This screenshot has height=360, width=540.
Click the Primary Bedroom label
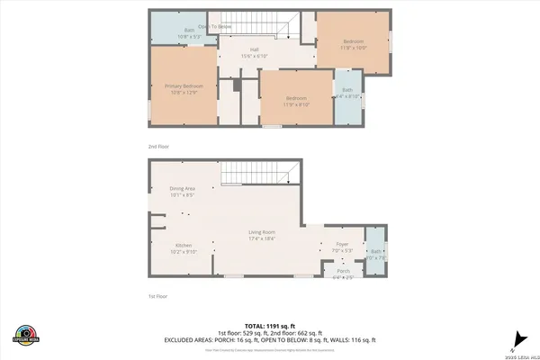(184, 88)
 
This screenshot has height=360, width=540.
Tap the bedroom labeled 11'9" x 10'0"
(354, 43)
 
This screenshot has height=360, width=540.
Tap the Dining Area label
(183, 191)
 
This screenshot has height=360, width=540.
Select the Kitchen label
(184, 247)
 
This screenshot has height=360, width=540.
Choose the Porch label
(343, 274)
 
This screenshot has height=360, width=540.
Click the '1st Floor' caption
(158, 295)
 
